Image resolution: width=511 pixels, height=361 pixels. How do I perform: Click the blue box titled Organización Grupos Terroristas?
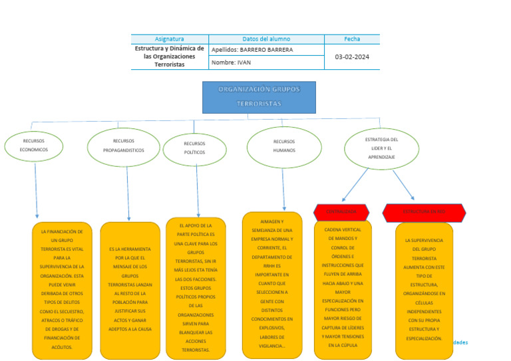click(x=259, y=97)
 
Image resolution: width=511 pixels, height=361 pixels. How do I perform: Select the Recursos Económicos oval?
click(x=34, y=146)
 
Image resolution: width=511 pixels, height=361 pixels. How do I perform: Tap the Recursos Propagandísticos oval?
click(x=124, y=146)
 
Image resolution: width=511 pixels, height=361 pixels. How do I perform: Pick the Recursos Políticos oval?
click(x=194, y=148)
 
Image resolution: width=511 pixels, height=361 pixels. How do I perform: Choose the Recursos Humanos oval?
click(x=283, y=146)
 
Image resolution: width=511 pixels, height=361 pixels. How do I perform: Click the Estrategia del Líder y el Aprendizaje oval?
click(x=381, y=148)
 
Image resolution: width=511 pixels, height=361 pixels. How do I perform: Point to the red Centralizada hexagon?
click(x=341, y=212)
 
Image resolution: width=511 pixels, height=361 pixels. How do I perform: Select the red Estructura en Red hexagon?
click(x=424, y=213)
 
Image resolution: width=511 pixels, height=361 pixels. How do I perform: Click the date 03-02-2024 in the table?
click(x=352, y=57)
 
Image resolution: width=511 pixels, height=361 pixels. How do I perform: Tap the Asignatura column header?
click(x=170, y=39)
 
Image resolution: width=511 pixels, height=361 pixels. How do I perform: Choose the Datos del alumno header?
click(x=266, y=39)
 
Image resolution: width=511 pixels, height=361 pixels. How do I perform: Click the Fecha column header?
click(x=352, y=39)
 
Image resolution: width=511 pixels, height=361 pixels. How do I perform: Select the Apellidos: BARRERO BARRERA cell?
click(x=266, y=50)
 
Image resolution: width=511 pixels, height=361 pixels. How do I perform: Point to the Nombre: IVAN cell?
click(x=266, y=62)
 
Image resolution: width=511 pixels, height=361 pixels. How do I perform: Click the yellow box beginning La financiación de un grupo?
click(x=62, y=290)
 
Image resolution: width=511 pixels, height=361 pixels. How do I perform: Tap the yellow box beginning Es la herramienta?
click(x=130, y=290)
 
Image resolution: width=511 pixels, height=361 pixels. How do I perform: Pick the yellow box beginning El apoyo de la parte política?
click(x=196, y=288)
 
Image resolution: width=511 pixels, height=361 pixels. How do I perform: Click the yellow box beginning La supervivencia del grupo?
click(x=424, y=291)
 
